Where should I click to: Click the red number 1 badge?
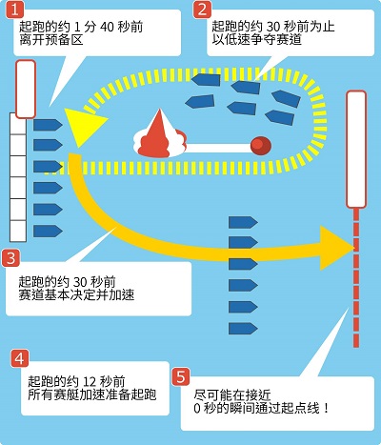(14, 10)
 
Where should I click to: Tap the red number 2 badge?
(202, 10)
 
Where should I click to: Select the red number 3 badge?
(10, 258)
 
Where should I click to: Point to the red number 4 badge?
(20, 358)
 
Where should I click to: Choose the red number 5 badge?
(181, 377)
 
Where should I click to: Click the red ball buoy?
(261, 146)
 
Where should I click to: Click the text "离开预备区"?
(50, 41)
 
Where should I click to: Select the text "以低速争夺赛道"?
(256, 41)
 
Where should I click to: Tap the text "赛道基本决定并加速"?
(76, 295)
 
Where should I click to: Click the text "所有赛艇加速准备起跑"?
(92, 394)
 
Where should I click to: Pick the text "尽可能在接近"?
(232, 395)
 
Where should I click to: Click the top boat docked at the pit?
(48, 125)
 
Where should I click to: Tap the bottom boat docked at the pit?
(48, 231)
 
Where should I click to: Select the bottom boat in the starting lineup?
(243, 329)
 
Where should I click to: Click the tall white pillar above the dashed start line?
(356, 150)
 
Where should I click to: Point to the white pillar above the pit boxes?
(26, 90)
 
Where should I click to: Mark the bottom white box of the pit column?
(18, 231)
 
